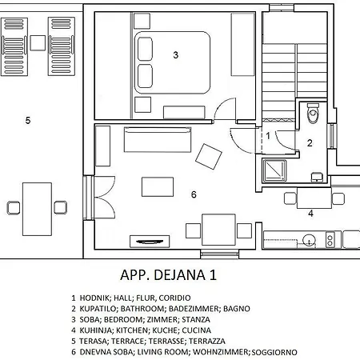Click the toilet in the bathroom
[x=313, y=114]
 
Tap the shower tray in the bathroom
[x=274, y=170]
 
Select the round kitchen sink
[x=309, y=240]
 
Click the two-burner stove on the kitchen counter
[x=330, y=239]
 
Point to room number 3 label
[x=175, y=55]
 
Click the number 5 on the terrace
[x=28, y=120]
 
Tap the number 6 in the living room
[x=194, y=194]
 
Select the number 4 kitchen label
[x=310, y=214]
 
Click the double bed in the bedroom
[x=172, y=62]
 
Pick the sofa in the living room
[x=158, y=139]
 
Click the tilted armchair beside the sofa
[x=209, y=157]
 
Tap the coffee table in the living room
[x=158, y=187]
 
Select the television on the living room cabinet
[x=150, y=242]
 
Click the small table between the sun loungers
[x=38, y=43]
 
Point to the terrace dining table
[x=37, y=209]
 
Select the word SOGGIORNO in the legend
[x=274, y=352]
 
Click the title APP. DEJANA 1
[x=168, y=275]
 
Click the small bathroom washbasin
[x=317, y=177]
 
